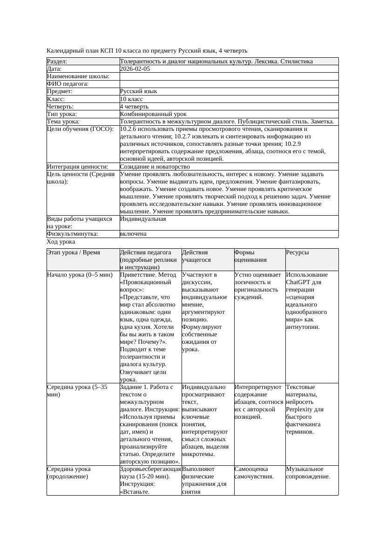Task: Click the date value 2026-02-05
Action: click(x=135, y=69)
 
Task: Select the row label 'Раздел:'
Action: click(x=57, y=61)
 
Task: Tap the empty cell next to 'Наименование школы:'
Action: click(x=229, y=76)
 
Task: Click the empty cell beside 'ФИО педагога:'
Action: click(x=229, y=84)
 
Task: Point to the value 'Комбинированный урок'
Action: click(x=153, y=114)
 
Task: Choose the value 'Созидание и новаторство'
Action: click(x=155, y=167)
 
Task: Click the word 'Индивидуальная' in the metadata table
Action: click(x=142, y=218)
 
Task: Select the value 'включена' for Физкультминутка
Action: click(x=133, y=234)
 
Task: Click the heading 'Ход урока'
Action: click(x=61, y=242)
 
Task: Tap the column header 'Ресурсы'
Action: click(x=297, y=252)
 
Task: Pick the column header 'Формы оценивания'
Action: click(x=251, y=256)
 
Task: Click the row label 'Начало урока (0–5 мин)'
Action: click(x=80, y=275)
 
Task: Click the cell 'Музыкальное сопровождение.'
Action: click(x=308, y=473)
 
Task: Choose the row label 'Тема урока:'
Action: click(x=63, y=122)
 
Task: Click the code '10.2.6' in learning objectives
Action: click(x=128, y=129)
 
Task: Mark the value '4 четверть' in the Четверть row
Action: click(x=134, y=107)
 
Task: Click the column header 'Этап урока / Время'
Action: click(x=74, y=252)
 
